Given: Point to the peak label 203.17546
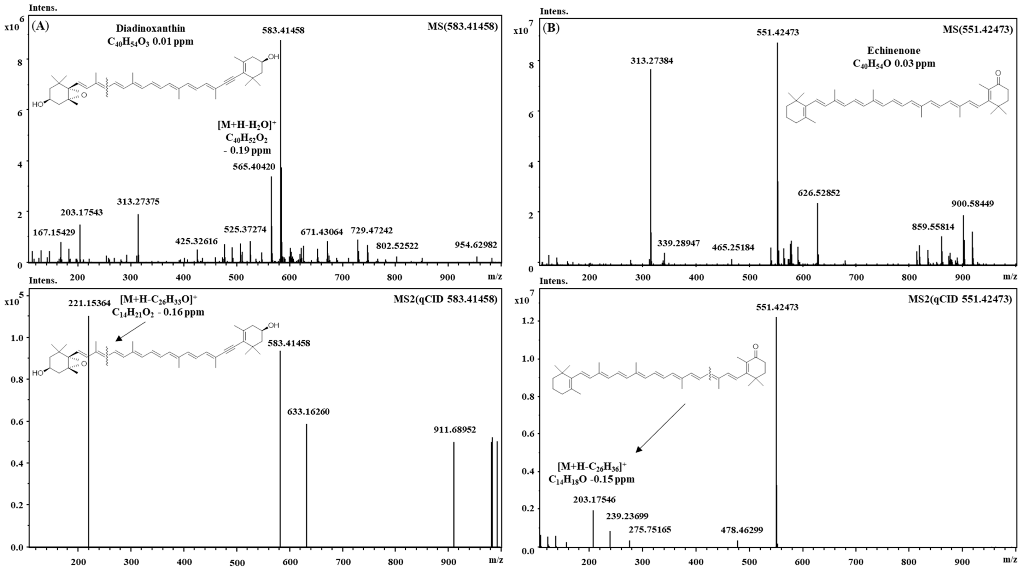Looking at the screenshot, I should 594,500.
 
